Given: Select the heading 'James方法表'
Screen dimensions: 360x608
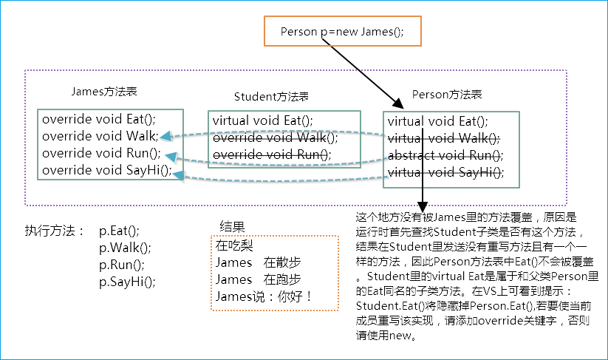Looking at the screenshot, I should (103, 92).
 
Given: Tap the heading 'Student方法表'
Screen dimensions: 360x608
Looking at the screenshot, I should (270, 97).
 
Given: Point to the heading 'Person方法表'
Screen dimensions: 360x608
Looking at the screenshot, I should (446, 95).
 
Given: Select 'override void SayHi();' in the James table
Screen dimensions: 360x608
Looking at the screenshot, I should (106, 170).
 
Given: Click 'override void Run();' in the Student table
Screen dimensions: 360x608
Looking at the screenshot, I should (272, 154).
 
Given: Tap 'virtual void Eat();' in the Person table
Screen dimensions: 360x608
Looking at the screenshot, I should (438, 121).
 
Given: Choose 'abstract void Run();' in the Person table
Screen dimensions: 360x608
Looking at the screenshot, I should (445, 155).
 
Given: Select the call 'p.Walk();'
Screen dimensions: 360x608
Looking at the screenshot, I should (125, 248).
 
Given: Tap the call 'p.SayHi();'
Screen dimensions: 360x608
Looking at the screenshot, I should (128, 282).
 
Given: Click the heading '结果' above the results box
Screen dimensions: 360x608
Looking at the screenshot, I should (233, 226).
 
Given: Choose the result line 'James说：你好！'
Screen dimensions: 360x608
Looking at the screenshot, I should (264, 296).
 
